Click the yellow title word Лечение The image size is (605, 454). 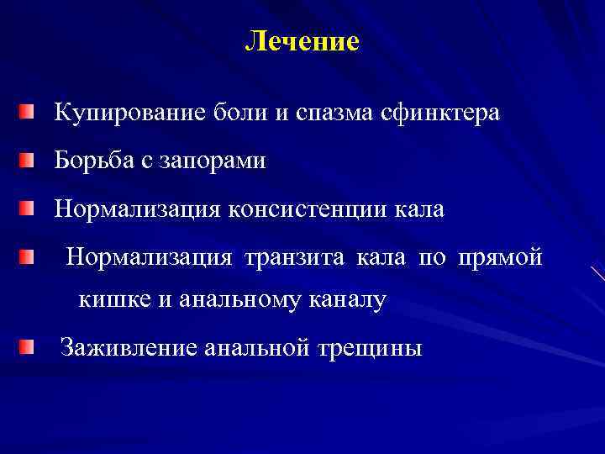click(x=302, y=41)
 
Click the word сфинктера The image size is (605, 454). click(x=445, y=113)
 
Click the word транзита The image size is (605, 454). click(x=294, y=256)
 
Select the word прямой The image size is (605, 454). click(x=501, y=256)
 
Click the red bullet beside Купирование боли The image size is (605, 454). click(x=29, y=112)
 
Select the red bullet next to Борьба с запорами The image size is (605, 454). click(x=29, y=160)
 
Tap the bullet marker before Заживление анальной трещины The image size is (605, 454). click(x=29, y=346)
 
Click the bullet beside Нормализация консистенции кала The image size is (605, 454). click(x=29, y=208)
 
